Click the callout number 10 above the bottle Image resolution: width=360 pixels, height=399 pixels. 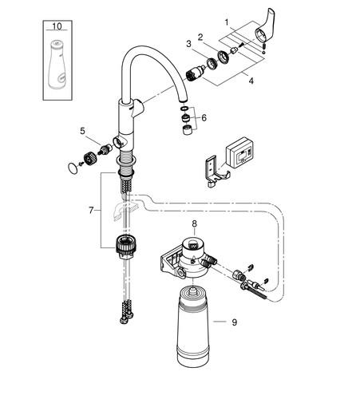[x=57, y=26]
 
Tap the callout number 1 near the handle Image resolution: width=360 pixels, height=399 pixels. [x=227, y=22]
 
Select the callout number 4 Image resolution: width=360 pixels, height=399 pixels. [x=251, y=81]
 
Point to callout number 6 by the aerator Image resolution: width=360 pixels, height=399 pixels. [x=204, y=117]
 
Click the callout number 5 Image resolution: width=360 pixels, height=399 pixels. [x=82, y=131]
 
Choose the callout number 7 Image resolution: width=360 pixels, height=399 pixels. [x=91, y=211]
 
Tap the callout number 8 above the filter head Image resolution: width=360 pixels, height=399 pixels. [x=194, y=223]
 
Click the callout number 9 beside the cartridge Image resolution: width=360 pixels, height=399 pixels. [x=234, y=322]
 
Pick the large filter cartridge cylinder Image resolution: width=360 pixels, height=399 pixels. [x=192, y=326]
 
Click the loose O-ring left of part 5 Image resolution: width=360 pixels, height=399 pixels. [x=72, y=168]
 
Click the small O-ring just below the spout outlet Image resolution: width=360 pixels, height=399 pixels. [x=184, y=109]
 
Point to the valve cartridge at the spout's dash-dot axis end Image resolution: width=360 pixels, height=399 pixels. [x=195, y=73]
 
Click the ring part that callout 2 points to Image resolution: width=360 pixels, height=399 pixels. [x=224, y=57]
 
